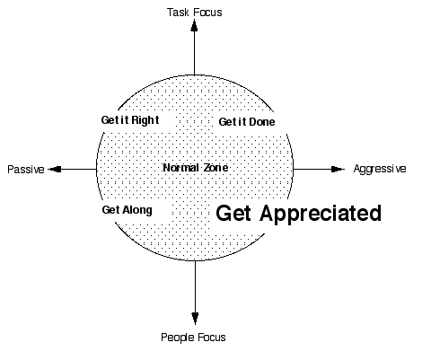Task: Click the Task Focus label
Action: click(x=195, y=13)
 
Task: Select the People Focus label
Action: click(x=193, y=338)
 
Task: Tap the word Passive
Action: click(x=26, y=170)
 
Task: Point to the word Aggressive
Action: click(x=380, y=169)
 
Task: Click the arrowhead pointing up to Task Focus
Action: click(x=195, y=25)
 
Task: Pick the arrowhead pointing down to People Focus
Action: click(x=195, y=318)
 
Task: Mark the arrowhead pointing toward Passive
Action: click(x=55, y=170)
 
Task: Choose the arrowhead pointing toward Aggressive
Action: click(x=338, y=170)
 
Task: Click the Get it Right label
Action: click(x=130, y=120)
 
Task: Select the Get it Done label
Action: click(x=247, y=122)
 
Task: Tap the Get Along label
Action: click(x=128, y=210)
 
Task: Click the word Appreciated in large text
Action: click(x=321, y=214)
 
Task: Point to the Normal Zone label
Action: click(x=196, y=168)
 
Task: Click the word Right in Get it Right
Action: click(x=145, y=120)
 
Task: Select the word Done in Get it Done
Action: click(x=262, y=122)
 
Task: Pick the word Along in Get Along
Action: click(x=137, y=210)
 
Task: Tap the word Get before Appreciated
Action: click(x=233, y=214)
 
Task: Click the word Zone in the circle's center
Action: click(x=215, y=168)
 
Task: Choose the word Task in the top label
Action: click(x=178, y=13)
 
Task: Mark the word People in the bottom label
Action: click(x=178, y=338)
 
